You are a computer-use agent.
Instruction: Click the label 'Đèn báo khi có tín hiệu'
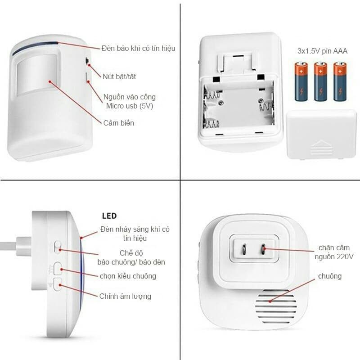tap(138, 48)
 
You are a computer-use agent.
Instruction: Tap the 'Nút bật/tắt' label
tap(119, 76)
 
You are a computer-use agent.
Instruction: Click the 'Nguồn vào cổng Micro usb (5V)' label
tap(130, 101)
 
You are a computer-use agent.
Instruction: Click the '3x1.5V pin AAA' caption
tap(322, 50)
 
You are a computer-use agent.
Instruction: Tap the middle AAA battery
tap(321, 81)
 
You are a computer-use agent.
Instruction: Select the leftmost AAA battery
tap(301, 81)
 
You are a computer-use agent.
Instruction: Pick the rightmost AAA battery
tap(340, 81)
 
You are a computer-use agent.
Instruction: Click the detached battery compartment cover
tap(321, 134)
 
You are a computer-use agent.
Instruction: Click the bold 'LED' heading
tap(109, 216)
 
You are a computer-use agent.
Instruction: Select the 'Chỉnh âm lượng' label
tap(126, 296)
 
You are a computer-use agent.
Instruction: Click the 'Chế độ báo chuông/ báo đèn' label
tap(131, 257)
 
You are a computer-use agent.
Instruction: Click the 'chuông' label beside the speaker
tap(330, 276)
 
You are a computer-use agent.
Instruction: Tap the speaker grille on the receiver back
tap(276, 307)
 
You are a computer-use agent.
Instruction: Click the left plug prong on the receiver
tap(243, 250)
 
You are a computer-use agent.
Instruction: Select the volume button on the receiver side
tap(58, 284)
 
